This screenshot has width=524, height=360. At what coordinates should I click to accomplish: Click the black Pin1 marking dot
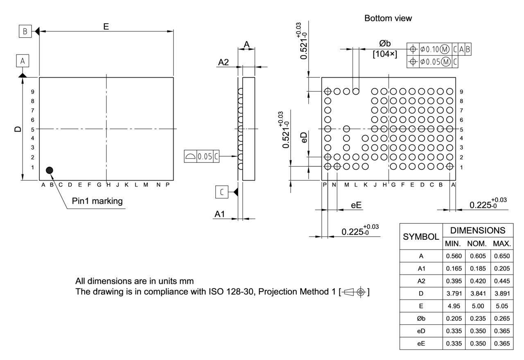(x=50, y=170)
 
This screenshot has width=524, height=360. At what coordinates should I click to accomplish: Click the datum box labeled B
(x=25, y=31)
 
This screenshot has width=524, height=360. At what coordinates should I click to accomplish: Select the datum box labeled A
(x=23, y=61)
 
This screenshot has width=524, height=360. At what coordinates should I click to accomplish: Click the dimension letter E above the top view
(x=106, y=26)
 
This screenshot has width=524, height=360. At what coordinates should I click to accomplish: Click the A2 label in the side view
(x=224, y=63)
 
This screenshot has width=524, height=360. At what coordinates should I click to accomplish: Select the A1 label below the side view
(x=220, y=214)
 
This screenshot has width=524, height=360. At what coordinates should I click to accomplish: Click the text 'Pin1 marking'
(x=97, y=201)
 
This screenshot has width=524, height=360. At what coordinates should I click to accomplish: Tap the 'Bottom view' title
(x=388, y=18)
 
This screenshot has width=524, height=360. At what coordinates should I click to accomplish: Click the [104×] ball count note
(x=385, y=54)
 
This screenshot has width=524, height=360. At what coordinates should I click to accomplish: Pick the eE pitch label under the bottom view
(x=357, y=205)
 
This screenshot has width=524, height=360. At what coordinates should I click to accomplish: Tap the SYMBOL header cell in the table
(x=421, y=236)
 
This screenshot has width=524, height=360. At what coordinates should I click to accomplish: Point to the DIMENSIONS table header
(x=477, y=230)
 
